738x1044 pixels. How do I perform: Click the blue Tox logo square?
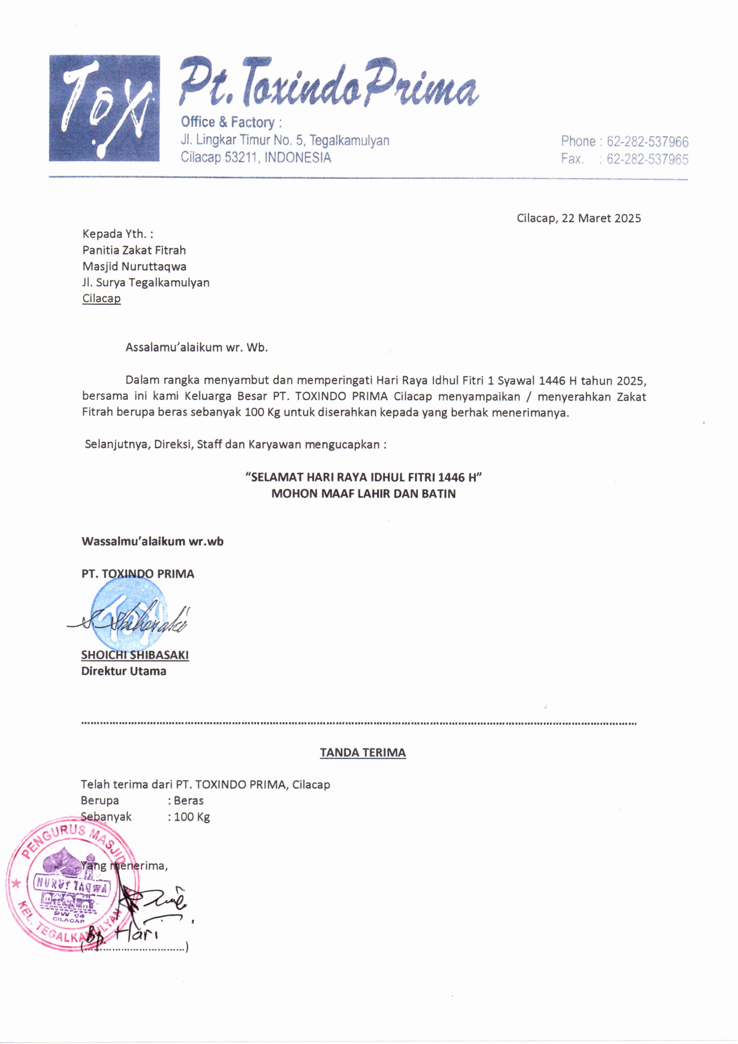(104, 108)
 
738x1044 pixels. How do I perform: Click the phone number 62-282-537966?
(647, 142)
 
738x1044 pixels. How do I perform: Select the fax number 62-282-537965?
(647, 159)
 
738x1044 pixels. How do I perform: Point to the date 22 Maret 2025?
(601, 218)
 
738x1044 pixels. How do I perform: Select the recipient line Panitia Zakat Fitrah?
(134, 250)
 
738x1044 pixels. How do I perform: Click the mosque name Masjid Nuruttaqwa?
(134, 267)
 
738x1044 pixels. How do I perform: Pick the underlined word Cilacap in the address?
(101, 299)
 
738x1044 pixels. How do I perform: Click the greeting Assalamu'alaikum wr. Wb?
(196, 348)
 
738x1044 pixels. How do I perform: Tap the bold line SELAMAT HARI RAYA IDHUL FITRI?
(363, 477)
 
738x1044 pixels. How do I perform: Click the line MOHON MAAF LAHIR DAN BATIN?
(363, 494)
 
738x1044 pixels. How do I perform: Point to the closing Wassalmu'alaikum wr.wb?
(152, 542)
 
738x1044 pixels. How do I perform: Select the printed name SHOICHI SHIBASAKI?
(134, 655)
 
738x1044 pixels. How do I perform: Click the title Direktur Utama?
(124, 671)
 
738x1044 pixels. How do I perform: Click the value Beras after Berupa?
(189, 801)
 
